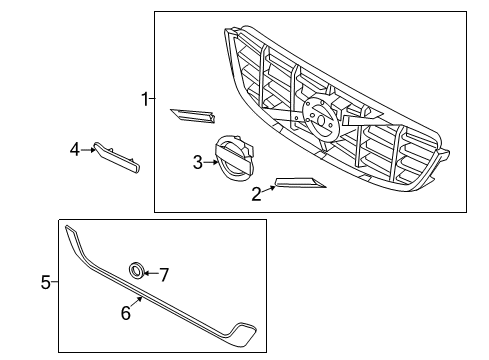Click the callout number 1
click(x=145, y=98)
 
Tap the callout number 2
click(x=256, y=194)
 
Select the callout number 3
click(x=198, y=161)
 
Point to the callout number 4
click(x=74, y=150)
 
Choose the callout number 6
click(x=126, y=313)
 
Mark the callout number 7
click(x=165, y=272)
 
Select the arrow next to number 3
click(x=210, y=162)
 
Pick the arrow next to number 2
click(x=269, y=188)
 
